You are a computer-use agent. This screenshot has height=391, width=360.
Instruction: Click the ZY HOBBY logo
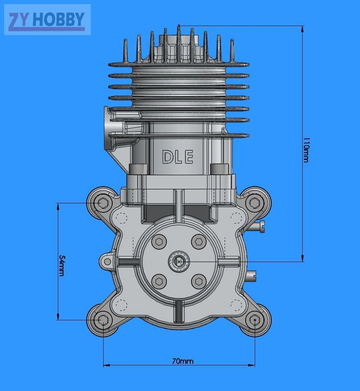(x=47, y=19)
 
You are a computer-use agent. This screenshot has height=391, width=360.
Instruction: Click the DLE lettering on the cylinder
(x=178, y=157)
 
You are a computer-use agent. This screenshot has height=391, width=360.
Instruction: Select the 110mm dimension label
(x=306, y=150)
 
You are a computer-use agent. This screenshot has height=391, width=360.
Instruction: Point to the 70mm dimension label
(x=182, y=361)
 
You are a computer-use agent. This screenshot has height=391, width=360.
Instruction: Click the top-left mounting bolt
(x=102, y=203)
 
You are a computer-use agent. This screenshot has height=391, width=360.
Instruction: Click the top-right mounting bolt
(x=255, y=203)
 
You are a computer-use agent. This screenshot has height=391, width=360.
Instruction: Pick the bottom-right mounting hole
(x=255, y=320)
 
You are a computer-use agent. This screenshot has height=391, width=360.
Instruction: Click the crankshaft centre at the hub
(x=179, y=262)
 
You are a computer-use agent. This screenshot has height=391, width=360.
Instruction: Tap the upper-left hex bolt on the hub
(x=159, y=242)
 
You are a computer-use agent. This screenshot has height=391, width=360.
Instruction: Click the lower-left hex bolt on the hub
(x=159, y=281)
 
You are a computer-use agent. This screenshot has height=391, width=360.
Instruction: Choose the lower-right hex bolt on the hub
(x=199, y=281)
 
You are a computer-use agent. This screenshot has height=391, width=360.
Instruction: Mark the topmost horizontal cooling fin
(x=179, y=65)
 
